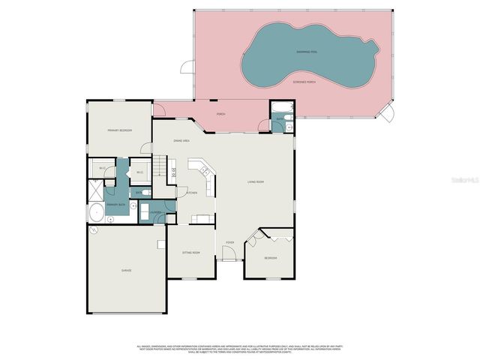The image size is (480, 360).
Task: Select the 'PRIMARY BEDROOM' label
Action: tap(120, 130)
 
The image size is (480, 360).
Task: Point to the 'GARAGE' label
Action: tap(127, 270)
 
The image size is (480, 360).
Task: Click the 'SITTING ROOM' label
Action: tap(191, 253)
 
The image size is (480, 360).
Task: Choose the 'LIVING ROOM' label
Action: tap(256, 182)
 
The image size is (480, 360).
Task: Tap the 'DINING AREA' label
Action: tap(181, 140)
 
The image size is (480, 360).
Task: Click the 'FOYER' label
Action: tap(230, 242)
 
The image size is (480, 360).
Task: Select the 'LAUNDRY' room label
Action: tap(156, 212)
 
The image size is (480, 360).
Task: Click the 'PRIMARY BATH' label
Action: tap(115, 204)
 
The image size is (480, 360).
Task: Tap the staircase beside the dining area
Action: tap(160, 166)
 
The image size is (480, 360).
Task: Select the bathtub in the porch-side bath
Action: tap(280, 107)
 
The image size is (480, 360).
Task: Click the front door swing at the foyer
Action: tap(230, 253)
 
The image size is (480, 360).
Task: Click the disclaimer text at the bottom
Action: tap(240, 349)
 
